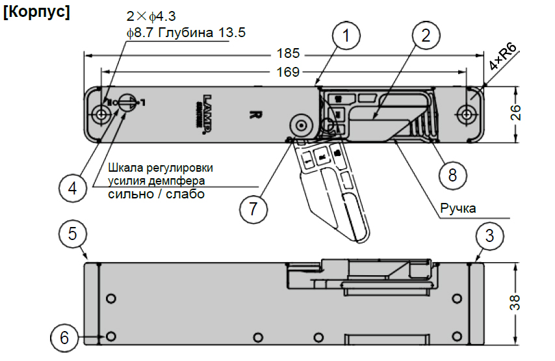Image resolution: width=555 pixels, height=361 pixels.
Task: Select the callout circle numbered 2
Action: pyautogui.click(x=426, y=36)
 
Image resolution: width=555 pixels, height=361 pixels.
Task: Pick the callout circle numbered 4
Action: pyautogui.click(x=72, y=189)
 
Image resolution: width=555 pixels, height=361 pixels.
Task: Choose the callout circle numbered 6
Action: pyautogui.click(x=64, y=338)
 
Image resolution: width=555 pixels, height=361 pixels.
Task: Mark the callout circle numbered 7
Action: pyautogui.click(x=253, y=209)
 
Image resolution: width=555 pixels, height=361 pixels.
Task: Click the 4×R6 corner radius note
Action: pyautogui.click(x=503, y=59)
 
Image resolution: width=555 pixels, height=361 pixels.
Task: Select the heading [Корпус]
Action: pyautogui.click(x=36, y=13)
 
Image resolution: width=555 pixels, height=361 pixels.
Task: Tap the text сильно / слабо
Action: pyautogui.click(x=156, y=194)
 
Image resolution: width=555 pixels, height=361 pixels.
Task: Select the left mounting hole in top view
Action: pyautogui.click(x=99, y=114)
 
